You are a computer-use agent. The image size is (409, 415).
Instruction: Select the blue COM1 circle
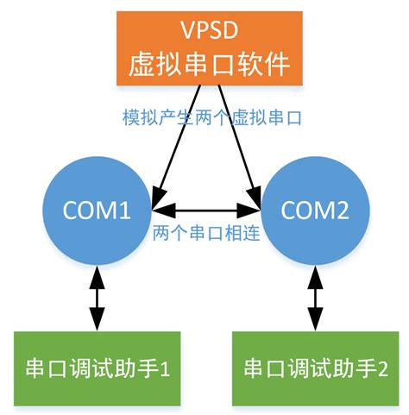98,209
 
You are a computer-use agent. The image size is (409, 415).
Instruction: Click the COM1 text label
98,209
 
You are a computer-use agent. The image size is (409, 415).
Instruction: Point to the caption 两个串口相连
204,234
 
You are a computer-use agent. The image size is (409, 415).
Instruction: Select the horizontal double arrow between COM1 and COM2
205,209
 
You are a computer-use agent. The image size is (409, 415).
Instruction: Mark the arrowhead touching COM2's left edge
254,209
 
